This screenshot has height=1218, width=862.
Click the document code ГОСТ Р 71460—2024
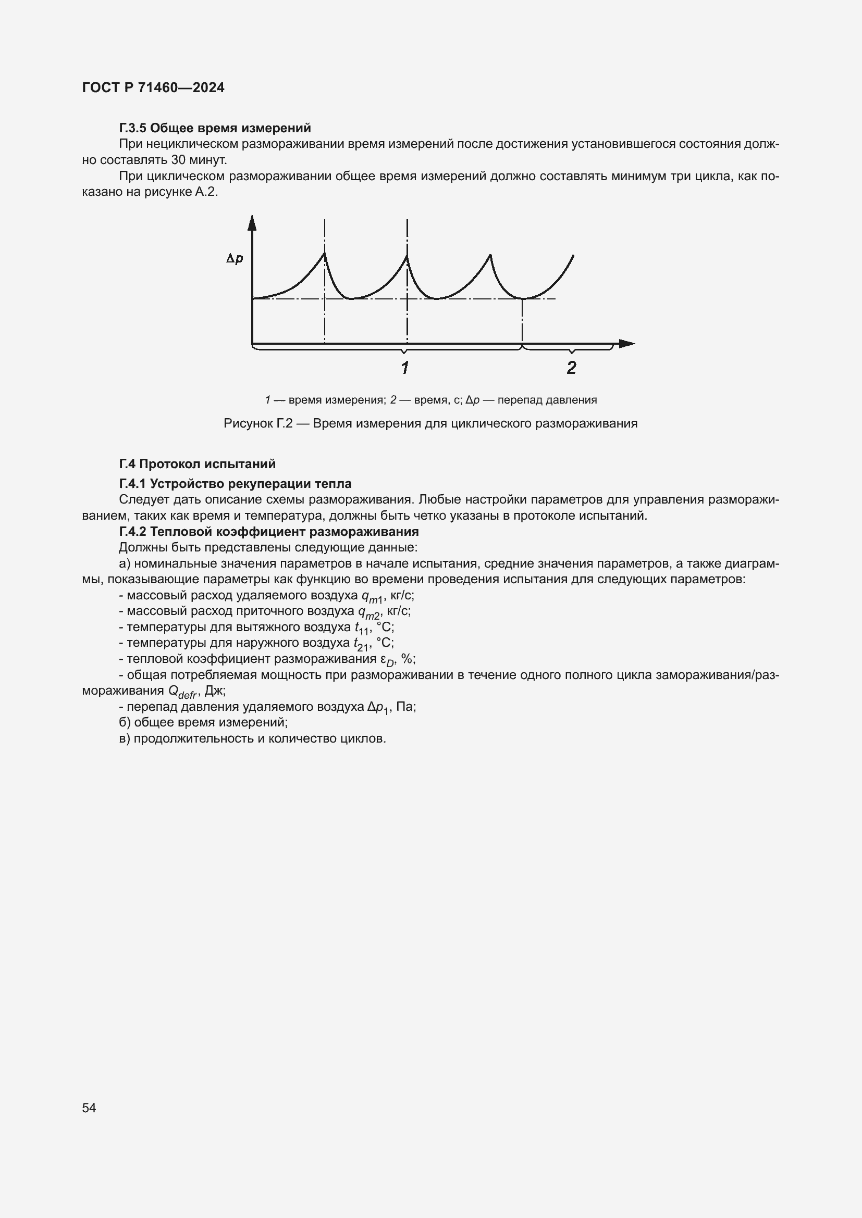click(153, 87)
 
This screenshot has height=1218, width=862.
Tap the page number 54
click(89, 1108)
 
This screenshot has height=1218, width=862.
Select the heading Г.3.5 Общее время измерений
click(215, 128)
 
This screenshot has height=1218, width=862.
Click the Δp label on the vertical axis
click(235, 259)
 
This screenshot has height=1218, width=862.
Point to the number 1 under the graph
click(405, 367)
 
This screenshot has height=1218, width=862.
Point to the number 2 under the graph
click(572, 367)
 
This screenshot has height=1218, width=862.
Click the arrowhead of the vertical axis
click(252, 222)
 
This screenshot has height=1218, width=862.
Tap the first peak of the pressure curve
click(325, 254)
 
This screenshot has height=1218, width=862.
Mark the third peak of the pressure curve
click(490, 256)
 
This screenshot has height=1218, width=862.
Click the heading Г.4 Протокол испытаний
click(198, 464)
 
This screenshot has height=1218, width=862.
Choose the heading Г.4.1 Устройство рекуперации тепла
click(235, 484)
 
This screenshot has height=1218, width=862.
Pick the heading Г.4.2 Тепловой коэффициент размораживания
click(269, 532)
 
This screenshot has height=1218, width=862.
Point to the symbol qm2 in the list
click(369, 612)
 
